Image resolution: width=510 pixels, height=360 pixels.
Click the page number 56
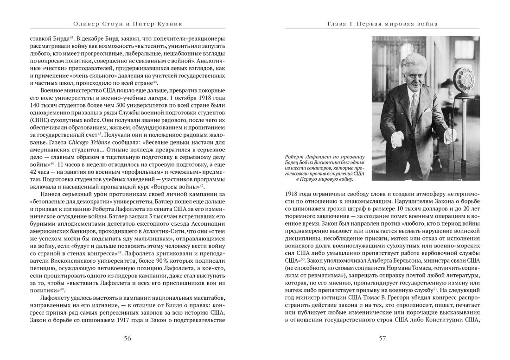click(127, 338)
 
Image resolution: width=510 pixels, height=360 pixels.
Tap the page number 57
click(382, 338)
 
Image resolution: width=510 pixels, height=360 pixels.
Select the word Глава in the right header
click(337, 23)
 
